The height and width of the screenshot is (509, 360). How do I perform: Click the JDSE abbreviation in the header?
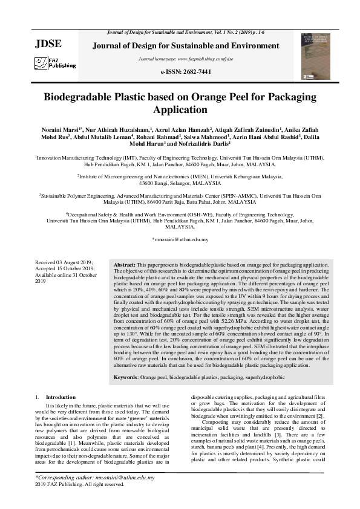[49, 44]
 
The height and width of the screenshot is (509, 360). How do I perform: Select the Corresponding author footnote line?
[87, 478]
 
